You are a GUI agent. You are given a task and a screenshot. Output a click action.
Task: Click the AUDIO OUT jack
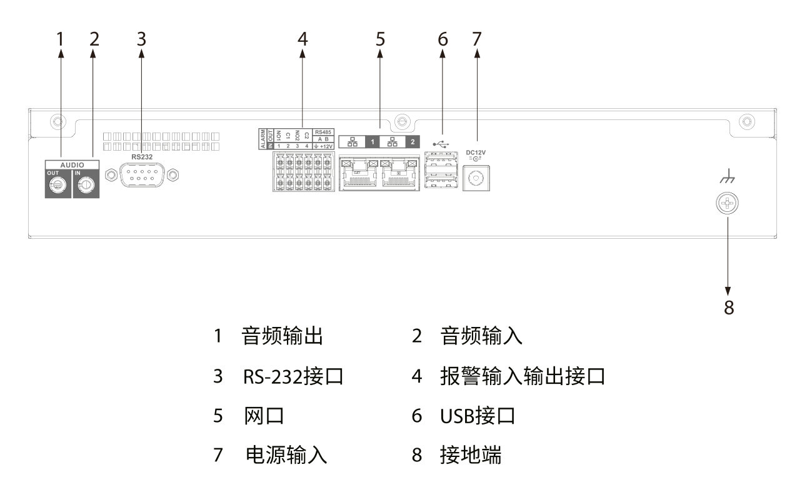(x=58, y=185)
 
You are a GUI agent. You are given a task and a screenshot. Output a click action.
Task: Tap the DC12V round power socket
(x=475, y=179)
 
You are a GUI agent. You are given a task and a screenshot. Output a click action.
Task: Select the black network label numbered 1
(x=373, y=142)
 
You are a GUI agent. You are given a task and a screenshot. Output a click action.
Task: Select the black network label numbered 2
(x=413, y=142)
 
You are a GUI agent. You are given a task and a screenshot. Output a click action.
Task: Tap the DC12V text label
(x=476, y=152)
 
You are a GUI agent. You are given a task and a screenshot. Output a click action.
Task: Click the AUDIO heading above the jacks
(x=73, y=164)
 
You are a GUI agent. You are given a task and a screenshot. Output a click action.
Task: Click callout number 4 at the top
(x=303, y=39)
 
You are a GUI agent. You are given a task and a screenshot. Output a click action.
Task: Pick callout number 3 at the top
(x=141, y=39)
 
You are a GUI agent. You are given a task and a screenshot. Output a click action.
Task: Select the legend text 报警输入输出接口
(x=523, y=377)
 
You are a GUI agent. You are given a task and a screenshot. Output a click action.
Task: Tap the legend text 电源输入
(x=286, y=454)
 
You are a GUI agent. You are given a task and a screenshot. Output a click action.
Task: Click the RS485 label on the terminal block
(x=324, y=132)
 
